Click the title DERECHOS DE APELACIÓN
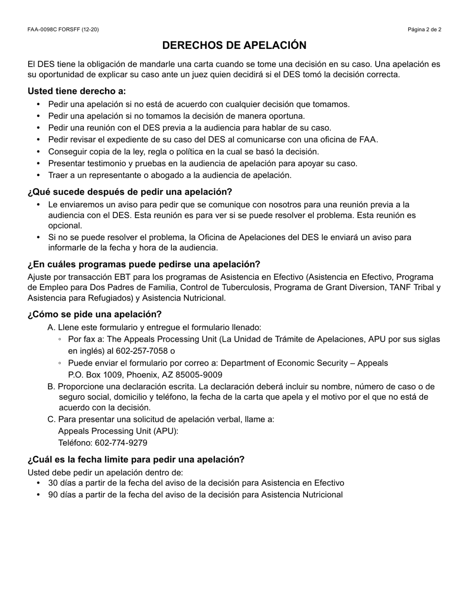234,45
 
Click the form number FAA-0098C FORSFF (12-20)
63,30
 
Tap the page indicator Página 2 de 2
424,30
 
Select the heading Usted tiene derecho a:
77,91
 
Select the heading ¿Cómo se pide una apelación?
95,314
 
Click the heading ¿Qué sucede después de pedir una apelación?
130,192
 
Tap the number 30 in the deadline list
53,483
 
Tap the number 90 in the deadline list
53,495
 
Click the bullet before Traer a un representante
39,175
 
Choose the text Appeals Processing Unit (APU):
118,431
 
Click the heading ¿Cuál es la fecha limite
136,460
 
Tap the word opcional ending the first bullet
65,226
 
